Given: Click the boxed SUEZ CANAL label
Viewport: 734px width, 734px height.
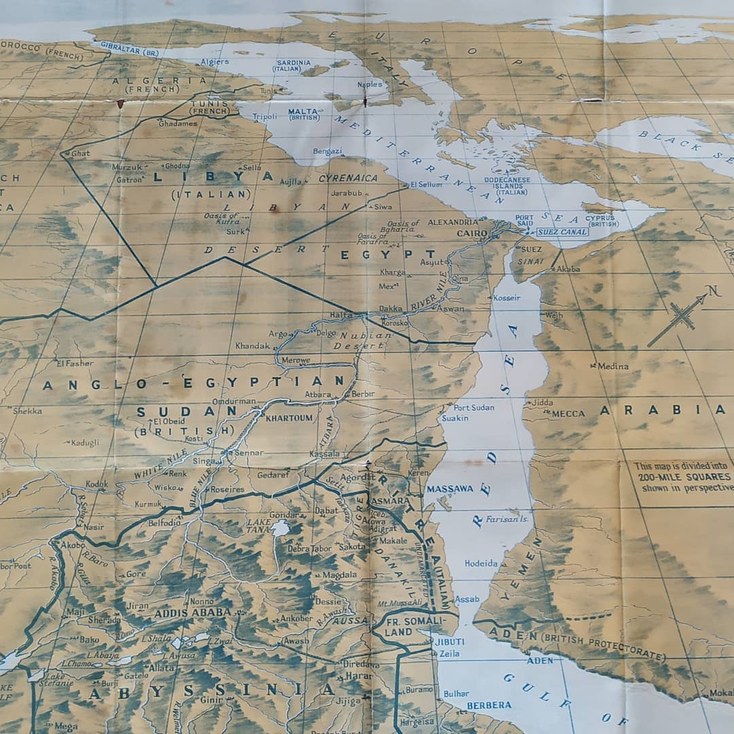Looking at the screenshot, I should pos(561,232).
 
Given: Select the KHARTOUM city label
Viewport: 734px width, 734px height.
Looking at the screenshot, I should pos(290,418).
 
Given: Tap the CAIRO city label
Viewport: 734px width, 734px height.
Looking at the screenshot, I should pos(472,233).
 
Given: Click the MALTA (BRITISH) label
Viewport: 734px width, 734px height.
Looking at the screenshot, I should pos(304,113).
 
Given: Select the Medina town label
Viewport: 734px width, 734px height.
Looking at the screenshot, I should pos(613,366).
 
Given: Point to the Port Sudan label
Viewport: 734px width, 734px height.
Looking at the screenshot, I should pos(474,407).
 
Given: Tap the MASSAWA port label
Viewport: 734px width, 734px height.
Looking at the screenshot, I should pos(449,489).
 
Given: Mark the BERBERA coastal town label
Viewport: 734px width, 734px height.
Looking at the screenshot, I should pos(489,705).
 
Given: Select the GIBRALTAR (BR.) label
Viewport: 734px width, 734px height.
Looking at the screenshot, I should pos(129,48).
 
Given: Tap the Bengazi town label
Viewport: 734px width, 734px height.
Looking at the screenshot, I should pos(328,151).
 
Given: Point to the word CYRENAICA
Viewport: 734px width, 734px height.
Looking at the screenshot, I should pos(348,178).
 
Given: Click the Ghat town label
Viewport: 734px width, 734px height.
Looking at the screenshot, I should pos(80,154).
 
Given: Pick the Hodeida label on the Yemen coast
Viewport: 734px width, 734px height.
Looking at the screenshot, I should pos(481,563).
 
